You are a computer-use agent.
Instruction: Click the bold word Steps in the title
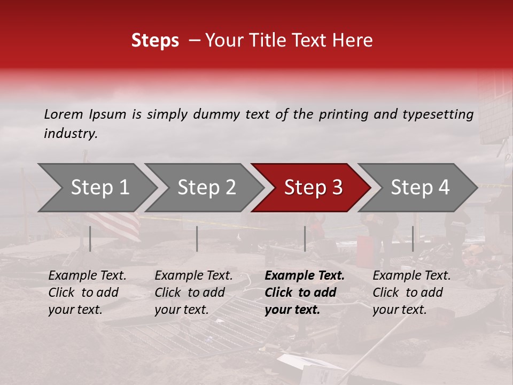click(155, 41)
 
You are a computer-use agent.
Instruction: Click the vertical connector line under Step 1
click(90, 238)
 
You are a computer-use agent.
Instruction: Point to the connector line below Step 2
click(197, 238)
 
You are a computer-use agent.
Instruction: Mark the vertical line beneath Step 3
click(305, 238)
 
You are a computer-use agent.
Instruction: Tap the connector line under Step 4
click(413, 238)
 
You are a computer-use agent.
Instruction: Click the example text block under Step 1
click(87, 292)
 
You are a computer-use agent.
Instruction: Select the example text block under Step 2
click(193, 292)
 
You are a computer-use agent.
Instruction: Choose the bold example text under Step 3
click(305, 292)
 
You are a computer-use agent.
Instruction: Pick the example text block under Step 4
click(411, 292)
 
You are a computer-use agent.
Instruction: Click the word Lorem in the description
click(64, 114)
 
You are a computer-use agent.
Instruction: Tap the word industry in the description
click(70, 134)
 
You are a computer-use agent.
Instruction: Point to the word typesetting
click(441, 114)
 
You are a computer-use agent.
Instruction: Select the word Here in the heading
click(353, 41)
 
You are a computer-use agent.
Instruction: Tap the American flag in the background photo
click(115, 222)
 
